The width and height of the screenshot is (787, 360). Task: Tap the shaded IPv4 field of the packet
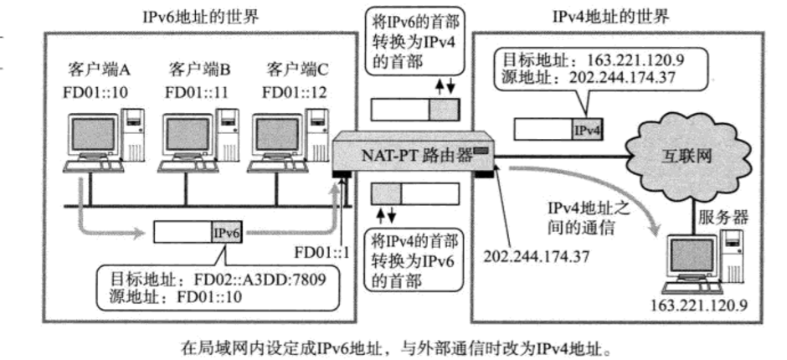[x=586, y=129]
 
